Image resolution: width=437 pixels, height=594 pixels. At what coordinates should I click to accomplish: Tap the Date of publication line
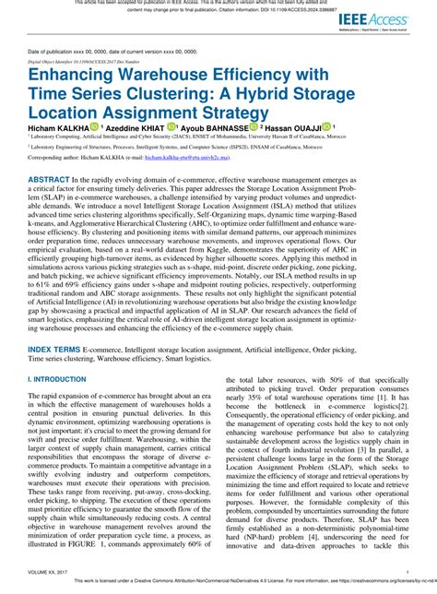point(101,51)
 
